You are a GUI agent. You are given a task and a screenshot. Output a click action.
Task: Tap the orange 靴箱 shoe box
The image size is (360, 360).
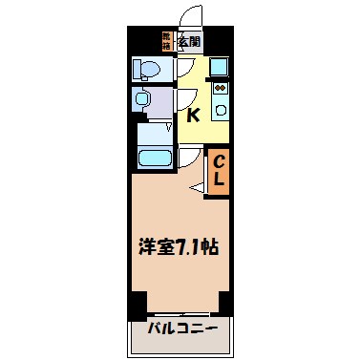pos(166,41)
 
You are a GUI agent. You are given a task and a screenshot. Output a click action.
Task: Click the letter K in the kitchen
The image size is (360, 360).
pos(194,116)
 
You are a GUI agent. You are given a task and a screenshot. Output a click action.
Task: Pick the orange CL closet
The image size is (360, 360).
pos(217,172)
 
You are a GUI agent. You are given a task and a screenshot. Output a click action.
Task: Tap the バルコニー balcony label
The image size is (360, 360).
pos(182,330)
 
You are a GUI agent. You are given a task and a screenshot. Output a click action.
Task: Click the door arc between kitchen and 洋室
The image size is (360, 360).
pos(187,159)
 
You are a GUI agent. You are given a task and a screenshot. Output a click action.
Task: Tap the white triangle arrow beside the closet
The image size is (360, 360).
pos(198,189)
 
